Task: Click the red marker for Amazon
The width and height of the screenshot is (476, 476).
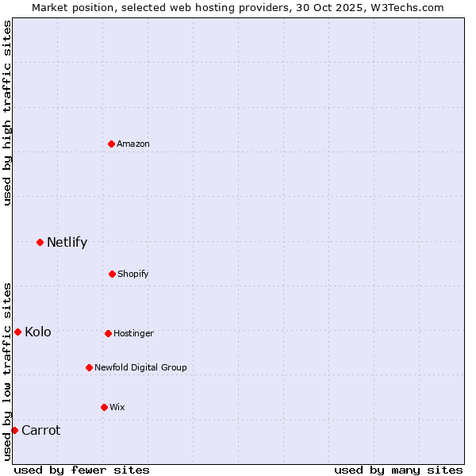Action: coord(111,144)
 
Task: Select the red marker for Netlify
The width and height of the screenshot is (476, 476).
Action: coord(40,242)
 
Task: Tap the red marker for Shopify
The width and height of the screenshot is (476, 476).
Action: coord(112,274)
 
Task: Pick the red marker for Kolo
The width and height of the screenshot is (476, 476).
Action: coord(17,332)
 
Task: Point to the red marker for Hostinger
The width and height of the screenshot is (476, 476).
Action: coord(108,333)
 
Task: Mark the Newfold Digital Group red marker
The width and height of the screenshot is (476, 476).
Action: coord(89,367)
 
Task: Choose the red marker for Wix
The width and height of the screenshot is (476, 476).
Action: coord(104,407)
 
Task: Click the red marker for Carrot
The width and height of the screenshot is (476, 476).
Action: coord(14,430)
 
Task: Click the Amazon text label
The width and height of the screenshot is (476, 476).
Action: coord(133,144)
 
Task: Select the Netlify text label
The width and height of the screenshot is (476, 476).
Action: coord(67,242)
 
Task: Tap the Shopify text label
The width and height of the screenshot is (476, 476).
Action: coord(133,274)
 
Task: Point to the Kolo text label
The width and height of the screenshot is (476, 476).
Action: coord(38,332)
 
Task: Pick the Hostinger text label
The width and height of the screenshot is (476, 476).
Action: coord(133,333)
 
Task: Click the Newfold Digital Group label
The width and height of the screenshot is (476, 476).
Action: coord(140,367)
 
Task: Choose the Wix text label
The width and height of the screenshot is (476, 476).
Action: coord(117,407)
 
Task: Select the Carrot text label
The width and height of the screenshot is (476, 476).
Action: coord(40,430)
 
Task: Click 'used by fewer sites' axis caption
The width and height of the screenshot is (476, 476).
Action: coord(82,470)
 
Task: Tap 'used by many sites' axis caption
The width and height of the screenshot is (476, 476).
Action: coord(398,470)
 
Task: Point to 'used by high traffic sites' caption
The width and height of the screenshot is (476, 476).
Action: coord(7,113)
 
